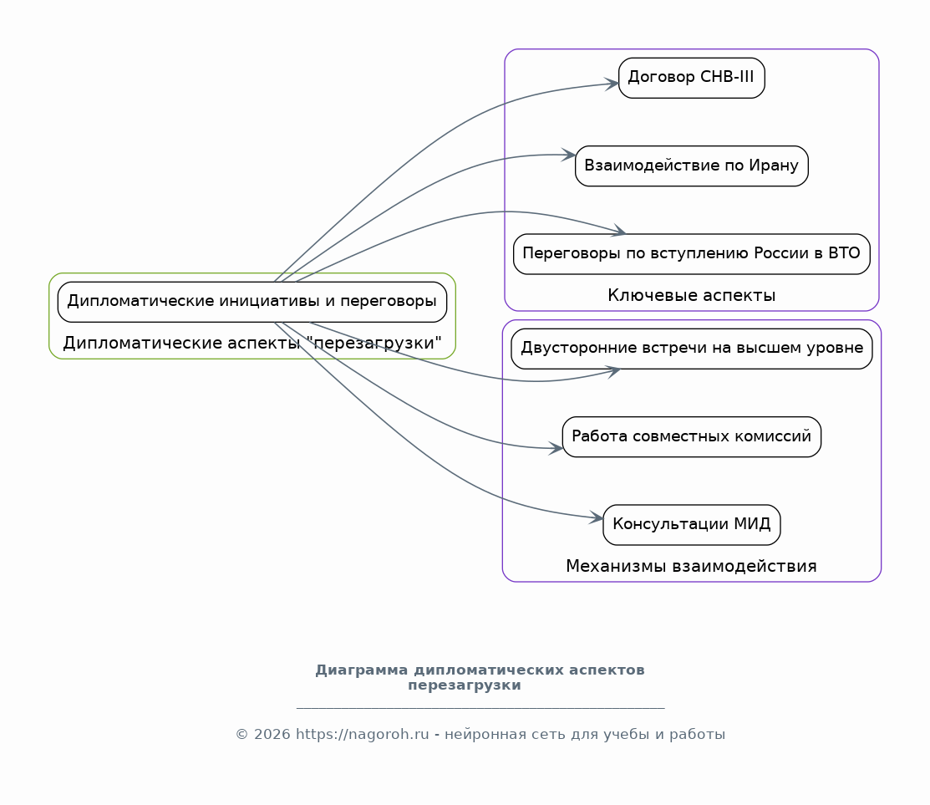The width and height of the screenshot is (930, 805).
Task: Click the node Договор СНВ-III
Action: coord(692,78)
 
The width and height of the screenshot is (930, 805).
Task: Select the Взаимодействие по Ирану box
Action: coord(692,166)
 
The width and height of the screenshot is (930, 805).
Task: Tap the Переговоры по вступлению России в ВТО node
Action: coord(692,254)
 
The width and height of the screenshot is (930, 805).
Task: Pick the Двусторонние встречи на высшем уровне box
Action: coord(692,349)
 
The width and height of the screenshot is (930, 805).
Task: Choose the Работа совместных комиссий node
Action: coord(692,436)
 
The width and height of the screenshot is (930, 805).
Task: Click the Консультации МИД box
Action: coord(692,525)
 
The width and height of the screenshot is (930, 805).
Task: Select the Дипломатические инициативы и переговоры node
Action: coord(252,302)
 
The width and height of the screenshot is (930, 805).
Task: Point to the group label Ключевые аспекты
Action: coord(692,295)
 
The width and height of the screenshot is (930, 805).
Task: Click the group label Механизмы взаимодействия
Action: coord(692,566)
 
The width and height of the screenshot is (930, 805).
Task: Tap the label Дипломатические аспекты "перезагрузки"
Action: coord(252,343)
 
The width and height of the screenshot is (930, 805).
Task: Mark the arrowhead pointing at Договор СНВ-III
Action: coord(612,84)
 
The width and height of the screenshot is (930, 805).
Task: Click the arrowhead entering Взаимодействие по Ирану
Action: coord(569,155)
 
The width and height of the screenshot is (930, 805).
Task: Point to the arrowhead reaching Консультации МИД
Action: coord(597,517)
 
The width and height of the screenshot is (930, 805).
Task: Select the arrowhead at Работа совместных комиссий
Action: coord(556,448)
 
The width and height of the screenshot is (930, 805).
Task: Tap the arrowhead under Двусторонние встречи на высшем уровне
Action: coord(613,371)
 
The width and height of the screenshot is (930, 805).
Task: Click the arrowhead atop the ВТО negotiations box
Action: coord(619,231)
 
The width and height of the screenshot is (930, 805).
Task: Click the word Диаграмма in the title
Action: coord(361,670)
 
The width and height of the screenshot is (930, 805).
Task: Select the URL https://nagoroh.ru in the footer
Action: coord(363,735)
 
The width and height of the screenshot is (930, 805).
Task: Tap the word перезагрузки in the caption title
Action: coord(465,685)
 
